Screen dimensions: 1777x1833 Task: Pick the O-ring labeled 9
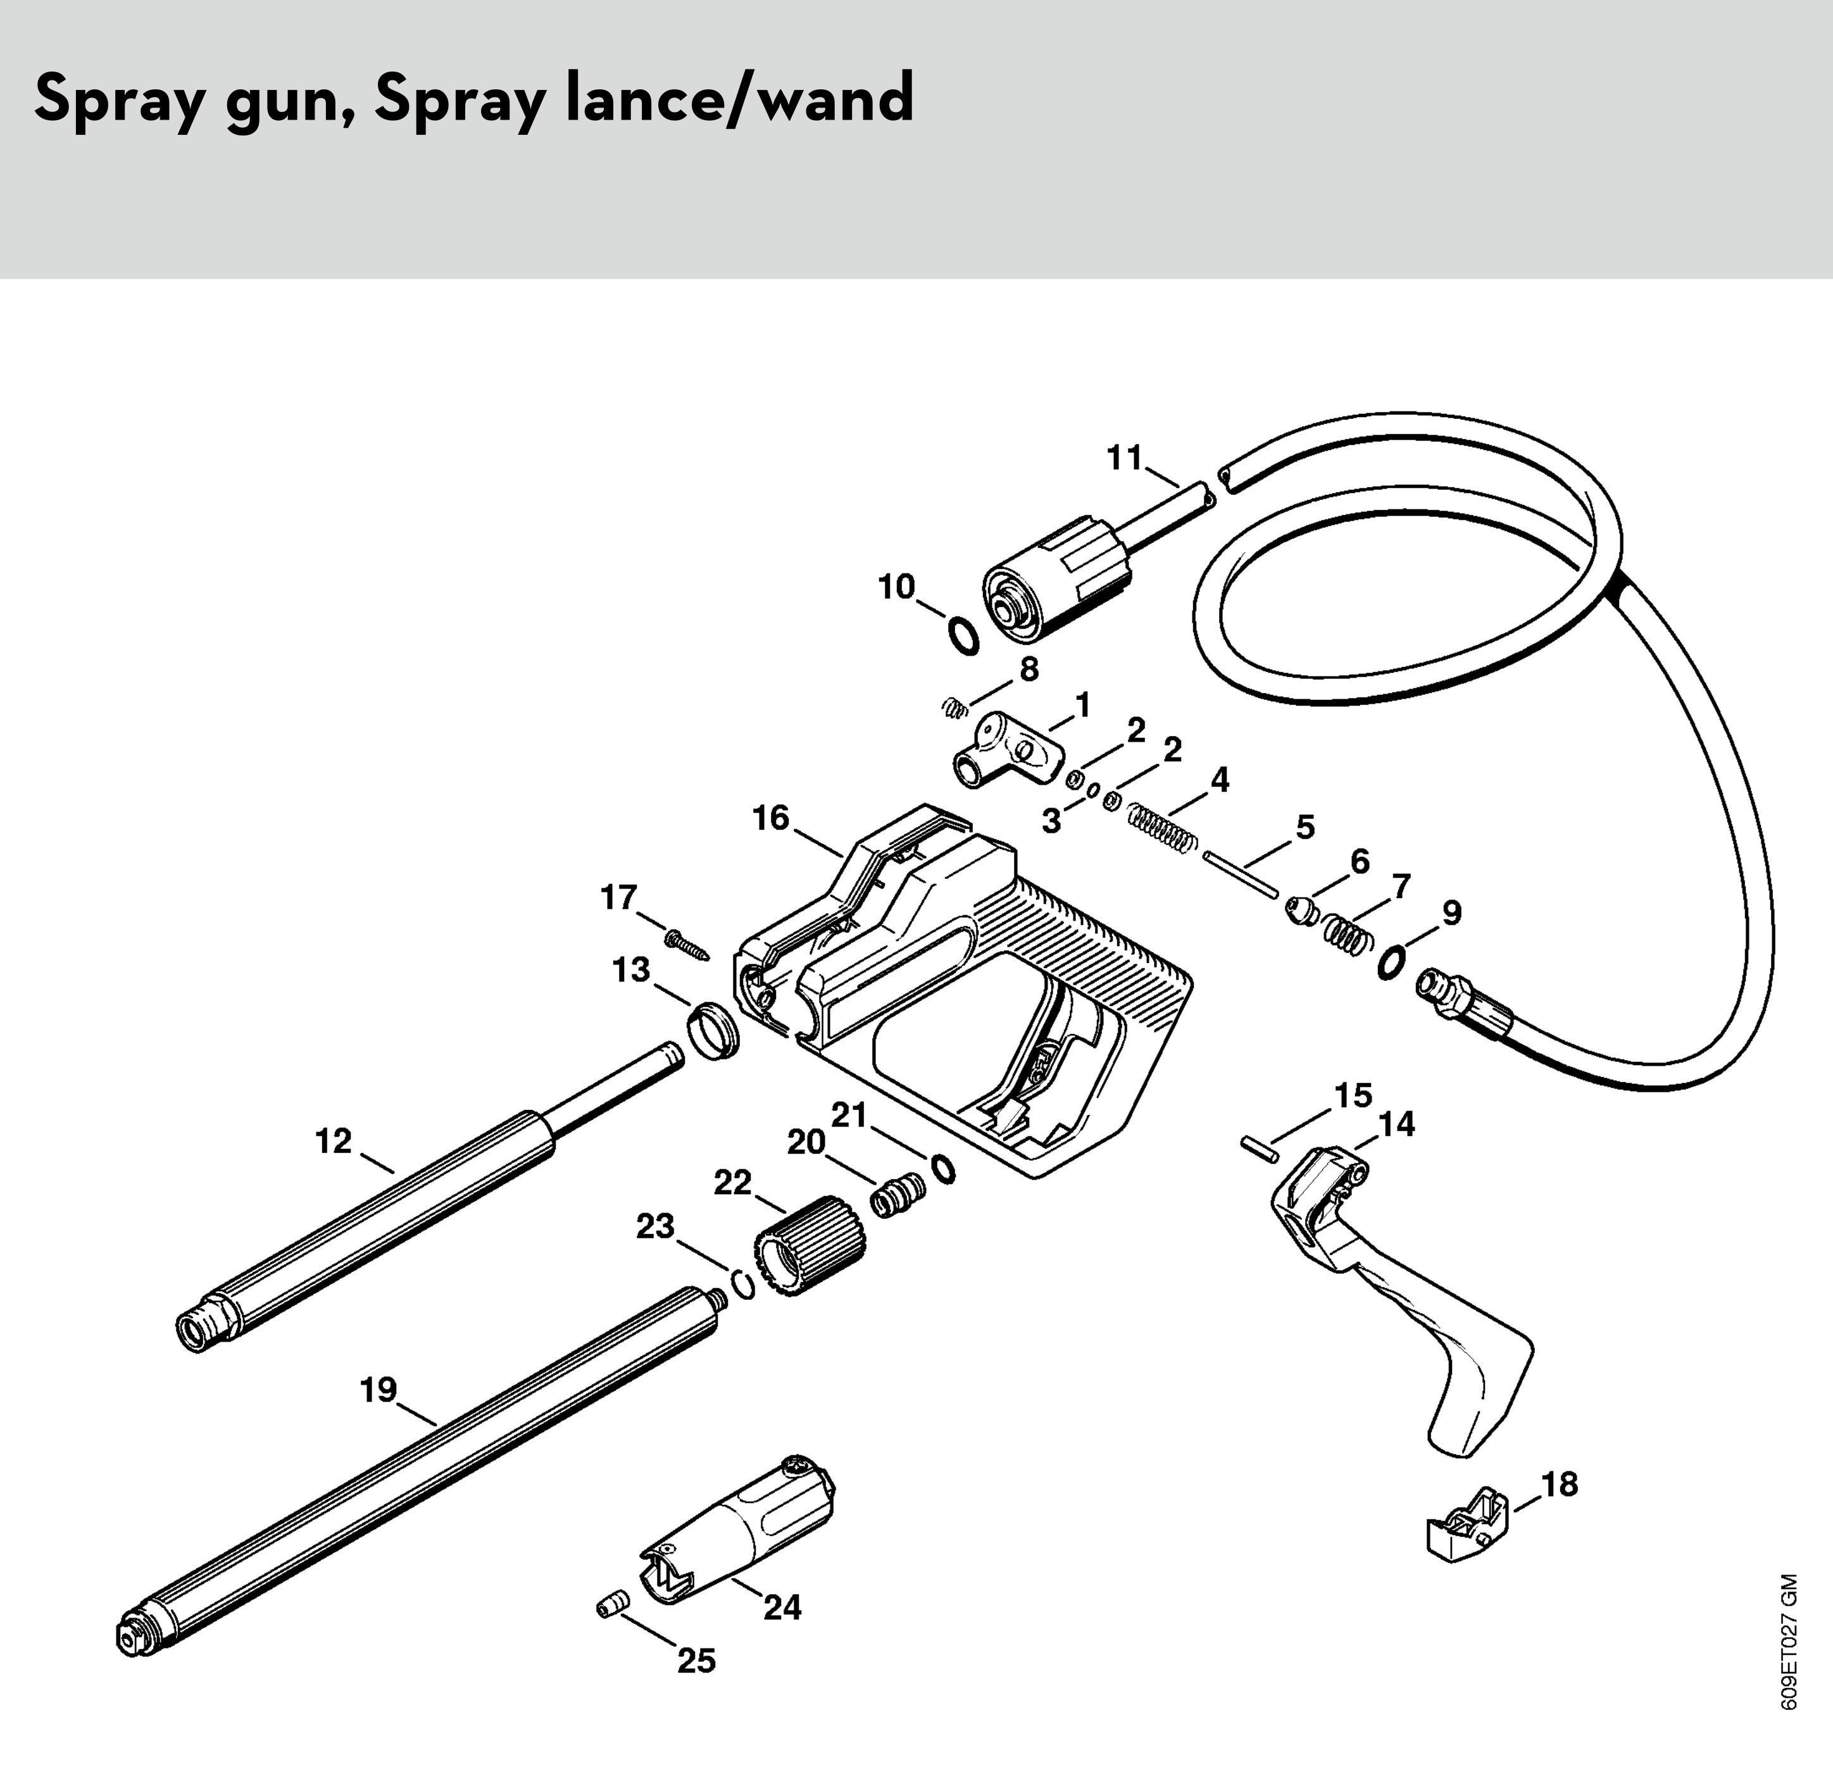(1391, 963)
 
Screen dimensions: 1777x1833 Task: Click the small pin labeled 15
(1260, 1149)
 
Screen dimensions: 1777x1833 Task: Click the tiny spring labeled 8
(952, 710)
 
